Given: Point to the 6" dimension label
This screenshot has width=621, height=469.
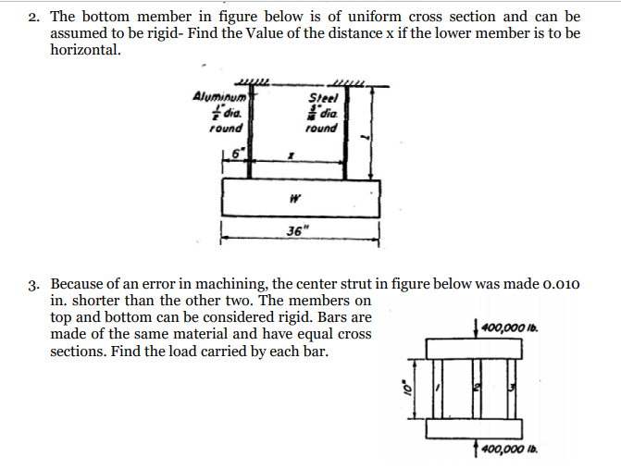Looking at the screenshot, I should point(237,152).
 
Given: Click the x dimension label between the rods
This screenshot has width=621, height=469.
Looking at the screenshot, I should point(290,159).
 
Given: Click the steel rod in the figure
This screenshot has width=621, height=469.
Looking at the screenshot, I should point(345,130).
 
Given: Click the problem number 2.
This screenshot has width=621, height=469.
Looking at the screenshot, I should point(34,17).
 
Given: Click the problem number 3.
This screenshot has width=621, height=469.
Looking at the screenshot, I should point(34,283).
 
